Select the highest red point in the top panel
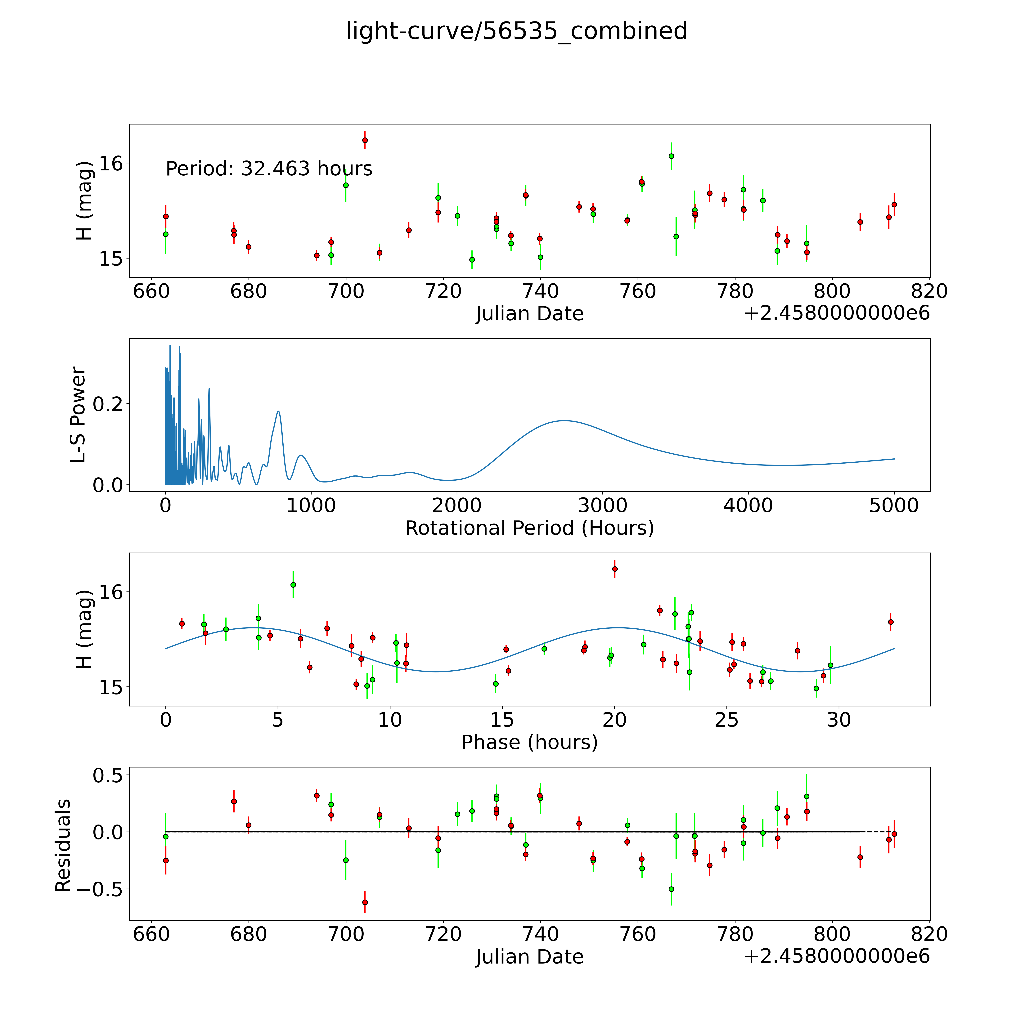pyautogui.click(x=365, y=140)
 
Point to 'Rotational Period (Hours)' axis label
pyautogui.click(x=529, y=528)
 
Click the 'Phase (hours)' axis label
pyautogui.click(x=529, y=742)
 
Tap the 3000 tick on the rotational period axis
pyautogui.click(x=603, y=505)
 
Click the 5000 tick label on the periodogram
pyautogui.click(x=894, y=505)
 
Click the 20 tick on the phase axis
pyautogui.click(x=614, y=720)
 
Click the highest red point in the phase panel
pyautogui.click(x=615, y=569)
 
